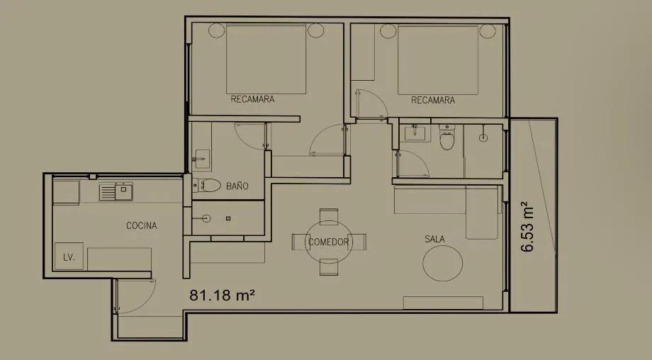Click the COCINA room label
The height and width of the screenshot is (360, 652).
click(142, 225)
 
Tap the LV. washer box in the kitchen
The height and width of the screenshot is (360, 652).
click(69, 256)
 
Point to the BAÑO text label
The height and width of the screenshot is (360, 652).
click(237, 186)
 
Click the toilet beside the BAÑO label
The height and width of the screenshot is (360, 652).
click(210, 186)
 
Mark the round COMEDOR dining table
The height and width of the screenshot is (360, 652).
click(329, 242)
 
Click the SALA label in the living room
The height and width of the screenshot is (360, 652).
click(434, 239)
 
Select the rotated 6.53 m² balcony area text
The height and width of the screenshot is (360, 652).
click(527, 226)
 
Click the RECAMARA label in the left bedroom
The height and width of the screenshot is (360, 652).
click(252, 99)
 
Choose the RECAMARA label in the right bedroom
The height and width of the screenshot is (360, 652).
click(433, 101)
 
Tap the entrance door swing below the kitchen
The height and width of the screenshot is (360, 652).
click(135, 296)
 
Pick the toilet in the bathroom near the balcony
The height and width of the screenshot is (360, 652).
click(446, 140)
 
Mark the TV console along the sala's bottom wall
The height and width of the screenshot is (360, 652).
click(443, 303)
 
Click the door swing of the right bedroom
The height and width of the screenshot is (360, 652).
click(370, 103)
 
